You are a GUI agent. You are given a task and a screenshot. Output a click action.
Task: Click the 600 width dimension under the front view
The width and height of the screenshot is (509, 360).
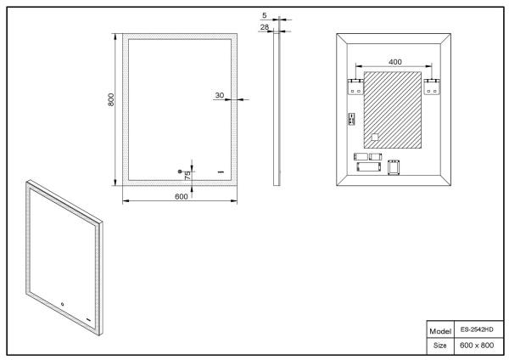pyautogui.click(x=181, y=196)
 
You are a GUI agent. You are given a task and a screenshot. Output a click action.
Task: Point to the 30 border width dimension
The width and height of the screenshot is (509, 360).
pyautogui.click(x=219, y=95)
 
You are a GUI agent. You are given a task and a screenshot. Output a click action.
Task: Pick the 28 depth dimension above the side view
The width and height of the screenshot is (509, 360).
pyautogui.click(x=266, y=27)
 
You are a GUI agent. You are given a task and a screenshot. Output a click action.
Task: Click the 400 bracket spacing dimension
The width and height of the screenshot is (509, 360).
pyautogui.click(x=395, y=62)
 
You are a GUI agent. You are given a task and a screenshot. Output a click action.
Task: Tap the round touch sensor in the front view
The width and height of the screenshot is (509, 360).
pyautogui.click(x=180, y=172)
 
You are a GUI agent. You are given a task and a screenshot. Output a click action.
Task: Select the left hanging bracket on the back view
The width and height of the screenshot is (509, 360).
pyautogui.click(x=355, y=87)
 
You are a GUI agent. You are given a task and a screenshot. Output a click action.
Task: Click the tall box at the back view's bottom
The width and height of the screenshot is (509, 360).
pyautogui.click(x=392, y=168)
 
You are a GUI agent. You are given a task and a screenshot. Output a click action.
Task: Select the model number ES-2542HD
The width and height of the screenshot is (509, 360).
pyautogui.click(x=476, y=329)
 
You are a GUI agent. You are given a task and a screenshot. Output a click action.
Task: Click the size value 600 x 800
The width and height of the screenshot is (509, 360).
pyautogui.click(x=476, y=346)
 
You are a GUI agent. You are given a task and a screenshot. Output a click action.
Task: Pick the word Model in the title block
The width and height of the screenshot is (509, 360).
pyautogui.click(x=439, y=329)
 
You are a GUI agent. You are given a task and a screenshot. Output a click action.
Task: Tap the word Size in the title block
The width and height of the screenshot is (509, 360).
pyautogui.click(x=439, y=346)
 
